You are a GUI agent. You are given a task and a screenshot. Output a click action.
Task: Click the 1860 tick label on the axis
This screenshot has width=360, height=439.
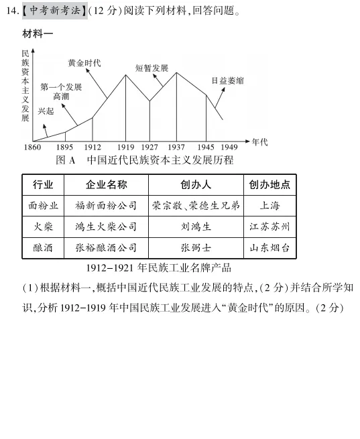(32, 147)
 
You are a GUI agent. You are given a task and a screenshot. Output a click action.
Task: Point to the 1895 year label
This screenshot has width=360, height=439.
(65, 147)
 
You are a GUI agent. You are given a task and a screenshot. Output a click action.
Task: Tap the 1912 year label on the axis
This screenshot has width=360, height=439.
(93, 147)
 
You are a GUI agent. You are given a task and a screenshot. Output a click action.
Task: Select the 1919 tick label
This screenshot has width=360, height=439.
(126, 147)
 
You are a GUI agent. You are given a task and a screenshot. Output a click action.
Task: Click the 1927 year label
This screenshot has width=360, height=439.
(149, 147)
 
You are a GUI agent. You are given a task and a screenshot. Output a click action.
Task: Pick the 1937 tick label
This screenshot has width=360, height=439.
(176, 147)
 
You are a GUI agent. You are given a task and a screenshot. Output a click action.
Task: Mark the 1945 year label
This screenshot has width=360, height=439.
(206, 147)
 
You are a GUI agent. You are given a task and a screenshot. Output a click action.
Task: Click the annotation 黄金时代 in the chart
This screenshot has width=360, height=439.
(84, 63)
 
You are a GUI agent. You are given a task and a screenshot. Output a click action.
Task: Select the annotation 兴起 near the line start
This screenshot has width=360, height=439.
(46, 111)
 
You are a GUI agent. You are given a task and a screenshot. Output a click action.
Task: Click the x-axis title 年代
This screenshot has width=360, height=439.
(259, 141)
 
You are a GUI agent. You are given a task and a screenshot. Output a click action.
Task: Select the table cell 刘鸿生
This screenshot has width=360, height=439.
(196, 227)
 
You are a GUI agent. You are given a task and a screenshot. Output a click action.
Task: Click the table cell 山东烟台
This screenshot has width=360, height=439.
(269, 247)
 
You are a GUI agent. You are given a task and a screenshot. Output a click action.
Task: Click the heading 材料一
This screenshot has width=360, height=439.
(38, 34)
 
